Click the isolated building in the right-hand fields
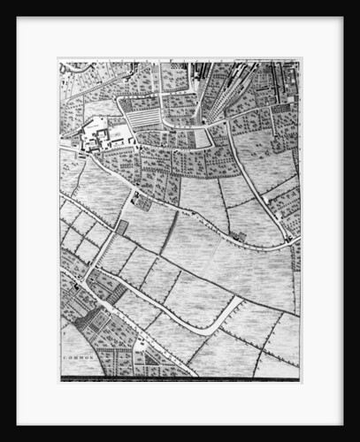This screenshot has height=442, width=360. click(x=239, y=236)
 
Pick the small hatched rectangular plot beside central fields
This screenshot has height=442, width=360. click(x=122, y=227)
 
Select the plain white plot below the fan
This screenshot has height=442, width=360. click(x=203, y=138)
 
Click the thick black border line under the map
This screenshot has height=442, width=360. click(x=180, y=379)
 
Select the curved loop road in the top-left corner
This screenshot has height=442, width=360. click(x=74, y=67)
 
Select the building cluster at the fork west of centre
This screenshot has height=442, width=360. click(x=142, y=201)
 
